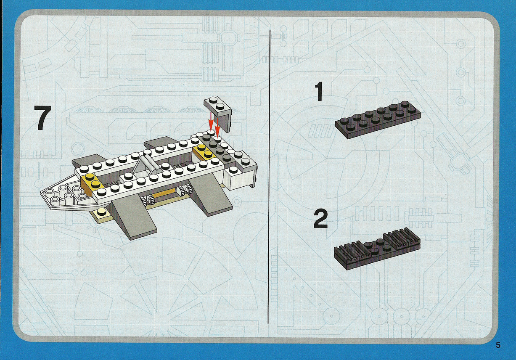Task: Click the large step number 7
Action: click(43, 118)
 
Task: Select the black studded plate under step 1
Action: click(378, 120)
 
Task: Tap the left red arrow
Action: click(210, 122)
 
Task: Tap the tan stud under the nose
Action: click(101, 212)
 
